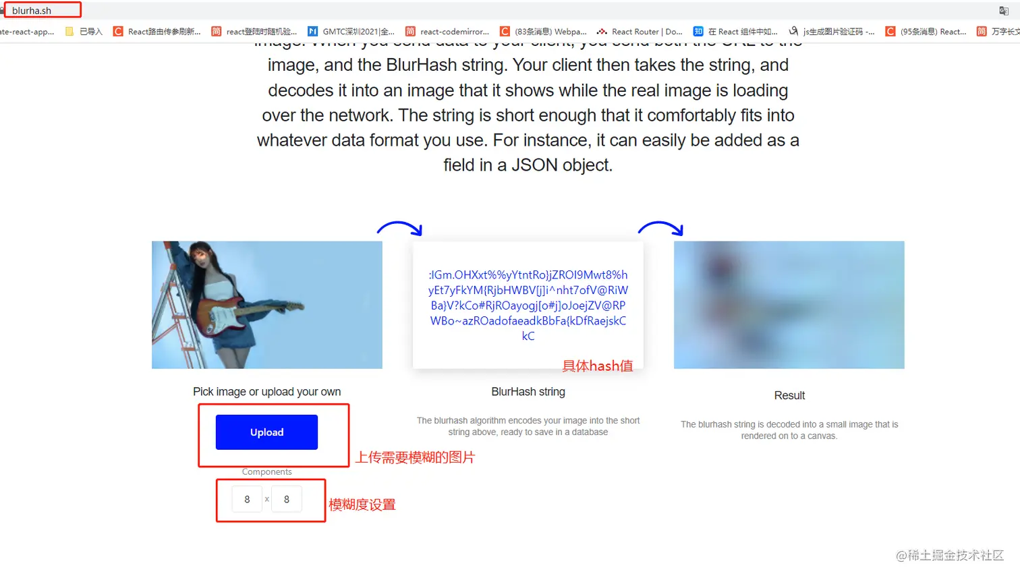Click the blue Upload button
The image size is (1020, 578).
[x=266, y=432]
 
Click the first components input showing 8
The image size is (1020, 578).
[x=247, y=499]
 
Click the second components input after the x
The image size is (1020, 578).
[x=287, y=499]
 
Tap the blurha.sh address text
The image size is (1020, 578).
[x=32, y=11]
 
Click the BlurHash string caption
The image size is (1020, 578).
[x=528, y=392]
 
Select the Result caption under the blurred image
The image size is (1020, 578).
[x=789, y=396]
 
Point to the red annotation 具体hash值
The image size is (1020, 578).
[x=598, y=366]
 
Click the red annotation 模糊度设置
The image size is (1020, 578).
[x=362, y=505]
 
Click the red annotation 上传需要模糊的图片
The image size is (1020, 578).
[x=416, y=458]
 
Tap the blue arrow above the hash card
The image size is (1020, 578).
[x=400, y=228]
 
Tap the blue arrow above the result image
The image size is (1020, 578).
[x=661, y=228]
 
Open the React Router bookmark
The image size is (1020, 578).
[x=640, y=32]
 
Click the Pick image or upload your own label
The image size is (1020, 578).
[x=266, y=392]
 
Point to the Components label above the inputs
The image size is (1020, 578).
[x=266, y=472]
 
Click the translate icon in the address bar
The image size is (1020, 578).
[x=1004, y=11]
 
